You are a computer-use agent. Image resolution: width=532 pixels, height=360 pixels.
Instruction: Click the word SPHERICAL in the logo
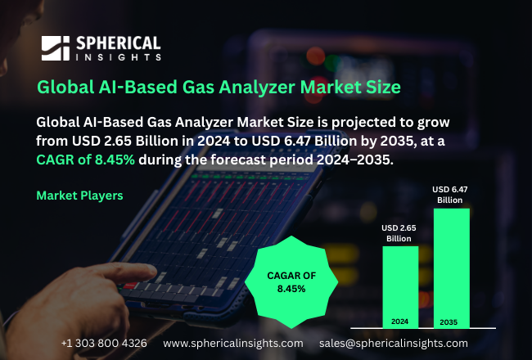coord(118,43)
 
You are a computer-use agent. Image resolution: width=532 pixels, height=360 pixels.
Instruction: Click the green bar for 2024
coord(399,286)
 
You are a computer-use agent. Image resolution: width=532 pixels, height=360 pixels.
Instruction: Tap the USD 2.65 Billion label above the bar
coord(399,232)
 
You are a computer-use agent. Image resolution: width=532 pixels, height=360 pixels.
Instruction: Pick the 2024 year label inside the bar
coord(399,322)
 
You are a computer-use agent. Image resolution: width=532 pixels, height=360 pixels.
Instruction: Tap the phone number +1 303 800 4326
coord(104,343)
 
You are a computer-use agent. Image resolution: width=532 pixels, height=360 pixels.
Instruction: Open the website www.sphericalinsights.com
coord(233,343)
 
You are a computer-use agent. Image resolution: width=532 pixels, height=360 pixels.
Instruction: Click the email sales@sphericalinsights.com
coord(394,343)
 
